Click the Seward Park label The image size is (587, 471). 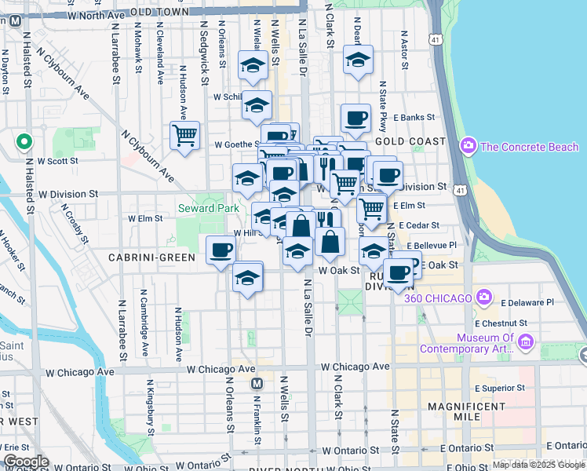click(208, 208)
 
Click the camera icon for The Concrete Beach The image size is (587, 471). click(469, 146)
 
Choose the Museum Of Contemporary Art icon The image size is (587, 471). click(526, 341)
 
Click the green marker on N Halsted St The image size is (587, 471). click(24, 143)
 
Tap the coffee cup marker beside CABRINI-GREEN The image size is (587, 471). click(221, 250)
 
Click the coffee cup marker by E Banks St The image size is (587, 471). click(355, 118)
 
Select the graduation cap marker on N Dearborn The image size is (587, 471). click(358, 60)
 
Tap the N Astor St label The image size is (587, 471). click(404, 49)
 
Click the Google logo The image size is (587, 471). click(26, 462)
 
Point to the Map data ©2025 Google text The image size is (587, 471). click(537, 465)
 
